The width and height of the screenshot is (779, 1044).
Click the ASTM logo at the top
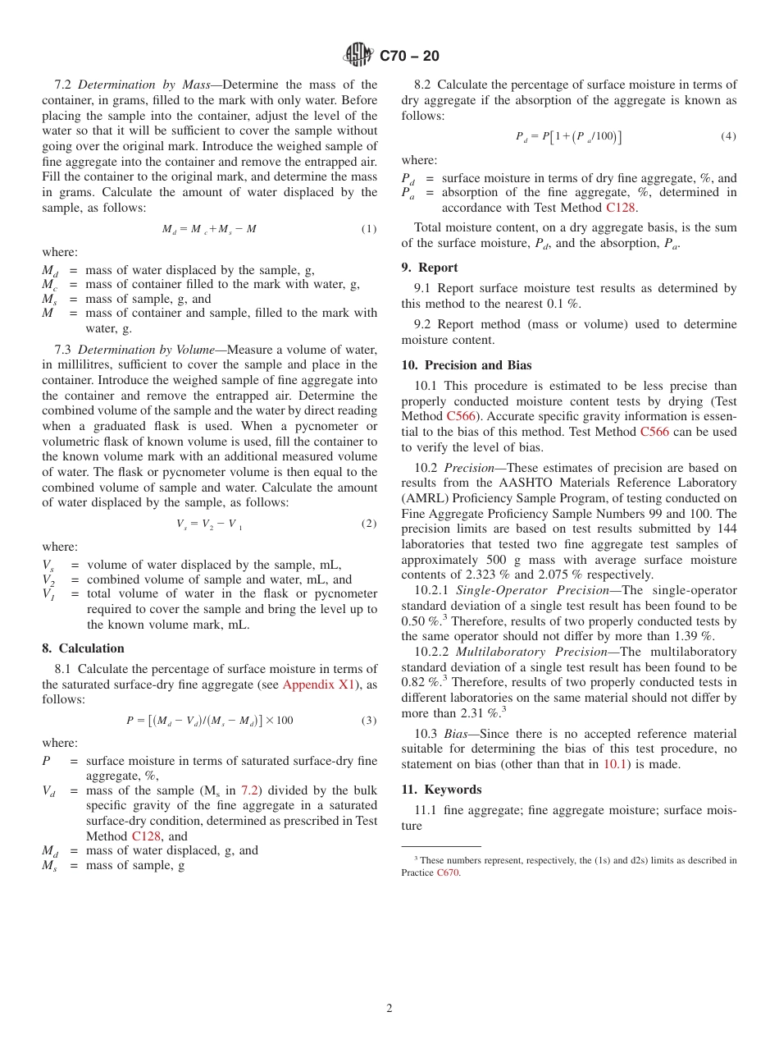358,55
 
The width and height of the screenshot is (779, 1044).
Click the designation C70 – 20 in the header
409,56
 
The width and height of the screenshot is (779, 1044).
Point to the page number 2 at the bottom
389,1009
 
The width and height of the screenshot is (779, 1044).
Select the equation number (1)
369,229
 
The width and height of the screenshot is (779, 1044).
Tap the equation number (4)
728,136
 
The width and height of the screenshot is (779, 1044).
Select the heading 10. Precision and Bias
466,365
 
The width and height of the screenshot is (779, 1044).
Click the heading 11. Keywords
441,790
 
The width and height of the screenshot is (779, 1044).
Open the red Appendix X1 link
318,685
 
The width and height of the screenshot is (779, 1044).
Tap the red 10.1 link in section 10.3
617,764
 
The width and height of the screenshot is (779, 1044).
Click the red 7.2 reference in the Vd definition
249,790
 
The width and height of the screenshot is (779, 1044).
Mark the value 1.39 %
695,635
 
